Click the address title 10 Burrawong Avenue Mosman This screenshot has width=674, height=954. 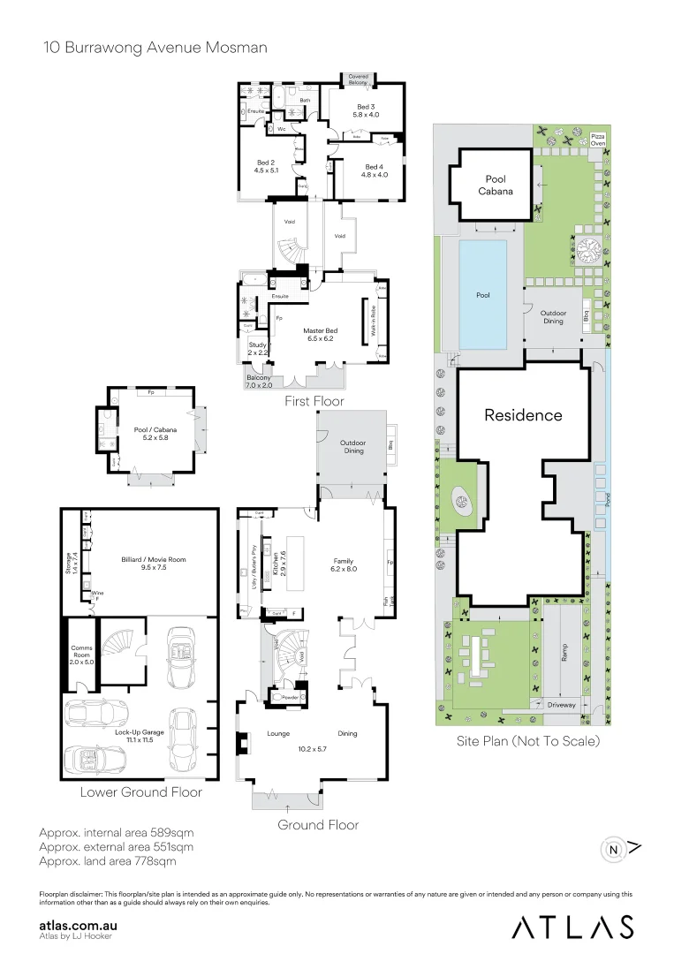tap(155, 47)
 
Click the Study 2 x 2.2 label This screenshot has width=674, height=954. tap(257, 348)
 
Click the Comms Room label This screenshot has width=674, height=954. tap(81, 653)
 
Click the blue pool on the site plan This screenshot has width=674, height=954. tap(482, 294)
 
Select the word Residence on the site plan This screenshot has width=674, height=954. tap(523, 414)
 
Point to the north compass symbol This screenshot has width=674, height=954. tap(614, 850)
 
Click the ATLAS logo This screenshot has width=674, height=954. tap(572, 926)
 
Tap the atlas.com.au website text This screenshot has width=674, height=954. tap(80, 925)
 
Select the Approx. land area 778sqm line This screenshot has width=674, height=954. tap(108, 860)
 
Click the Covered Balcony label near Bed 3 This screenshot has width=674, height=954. tap(358, 79)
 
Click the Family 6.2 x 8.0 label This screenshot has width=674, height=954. tap(344, 564)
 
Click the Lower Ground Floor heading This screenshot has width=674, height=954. tap(140, 791)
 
